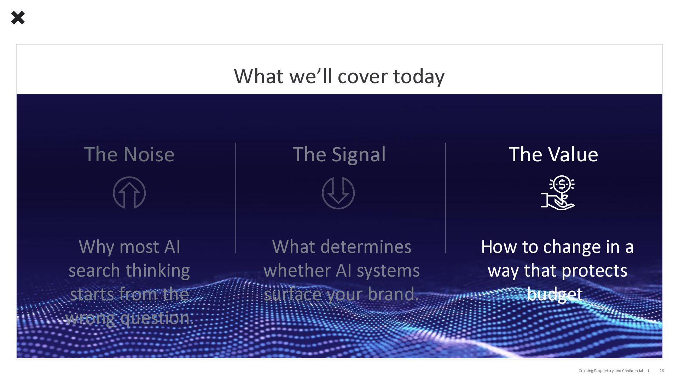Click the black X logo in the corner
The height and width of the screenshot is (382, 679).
coord(18,18)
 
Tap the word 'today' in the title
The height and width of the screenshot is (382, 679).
coord(419,76)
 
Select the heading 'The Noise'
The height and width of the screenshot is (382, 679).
coord(129,154)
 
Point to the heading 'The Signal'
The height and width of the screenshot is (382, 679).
coord(339,155)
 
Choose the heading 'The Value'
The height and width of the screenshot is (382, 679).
coord(553,154)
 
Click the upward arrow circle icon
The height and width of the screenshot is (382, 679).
coord(129,193)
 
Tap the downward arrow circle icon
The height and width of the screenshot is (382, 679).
coord(338,193)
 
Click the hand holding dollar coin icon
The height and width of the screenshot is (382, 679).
coord(558,192)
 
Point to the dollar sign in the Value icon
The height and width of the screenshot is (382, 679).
coord(562,184)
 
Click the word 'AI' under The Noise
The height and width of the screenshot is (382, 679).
coord(172,247)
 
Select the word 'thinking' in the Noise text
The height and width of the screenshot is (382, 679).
coord(158,271)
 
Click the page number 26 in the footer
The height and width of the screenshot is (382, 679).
coord(662,371)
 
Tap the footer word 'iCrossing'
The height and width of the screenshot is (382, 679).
coord(585,371)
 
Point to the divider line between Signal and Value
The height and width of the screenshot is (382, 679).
coord(445,198)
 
